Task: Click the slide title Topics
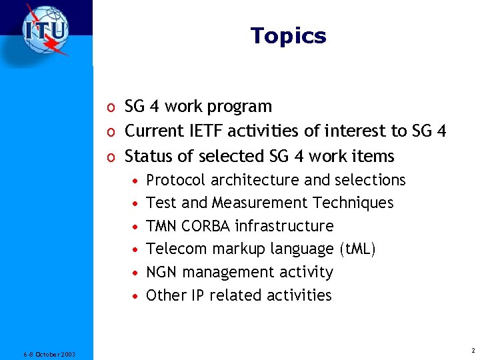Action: [288, 35]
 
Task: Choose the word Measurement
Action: [259, 203]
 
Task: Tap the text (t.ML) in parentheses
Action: [358, 249]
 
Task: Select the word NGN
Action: [161, 272]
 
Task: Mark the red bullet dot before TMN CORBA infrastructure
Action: [135, 227]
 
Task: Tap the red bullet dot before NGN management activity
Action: [135, 273]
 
